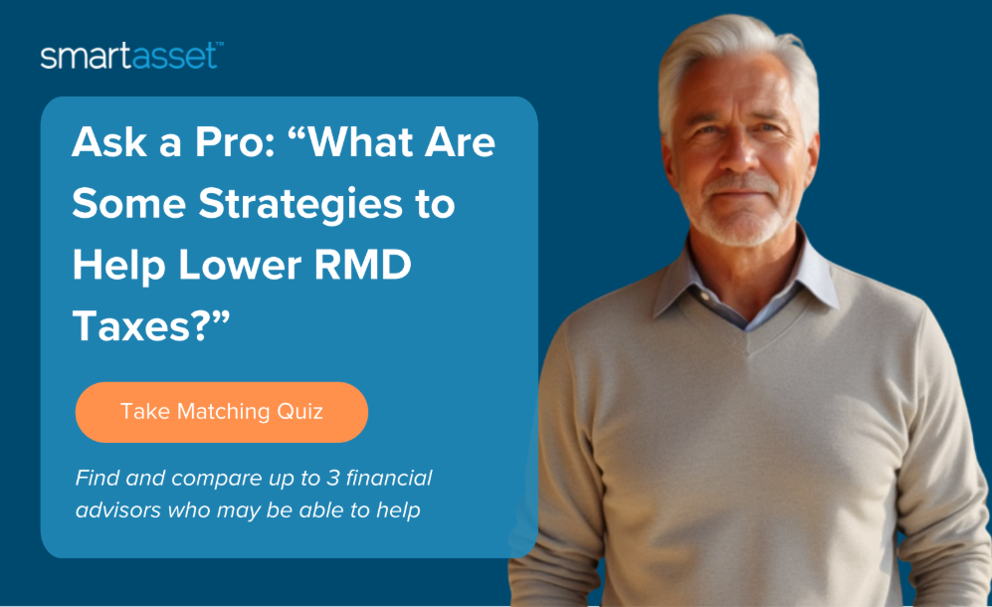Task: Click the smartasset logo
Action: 131,56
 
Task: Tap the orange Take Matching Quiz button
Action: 222,412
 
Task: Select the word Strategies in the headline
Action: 300,205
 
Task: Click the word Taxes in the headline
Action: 140,326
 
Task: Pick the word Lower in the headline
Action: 240,265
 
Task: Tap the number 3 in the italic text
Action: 332,478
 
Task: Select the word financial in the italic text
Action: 389,478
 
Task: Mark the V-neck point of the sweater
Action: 748,351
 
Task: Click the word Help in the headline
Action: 119,266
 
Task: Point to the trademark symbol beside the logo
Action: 220,45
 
